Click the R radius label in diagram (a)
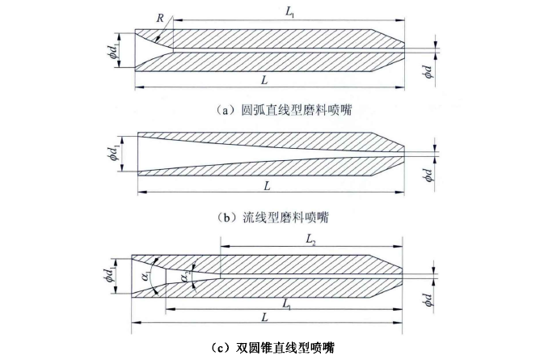(160, 18)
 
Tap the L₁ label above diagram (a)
(290, 12)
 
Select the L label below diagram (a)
(264, 80)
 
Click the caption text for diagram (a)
(284, 110)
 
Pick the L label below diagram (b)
(268, 186)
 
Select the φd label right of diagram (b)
(428, 175)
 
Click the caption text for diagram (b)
(273, 218)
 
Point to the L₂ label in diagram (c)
(310, 240)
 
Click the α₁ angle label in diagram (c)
(146, 277)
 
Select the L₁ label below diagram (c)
(286, 304)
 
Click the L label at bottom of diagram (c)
(264, 317)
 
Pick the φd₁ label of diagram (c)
(111, 276)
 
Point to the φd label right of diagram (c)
(428, 299)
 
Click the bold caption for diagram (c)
(272, 348)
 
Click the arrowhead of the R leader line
(157, 40)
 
